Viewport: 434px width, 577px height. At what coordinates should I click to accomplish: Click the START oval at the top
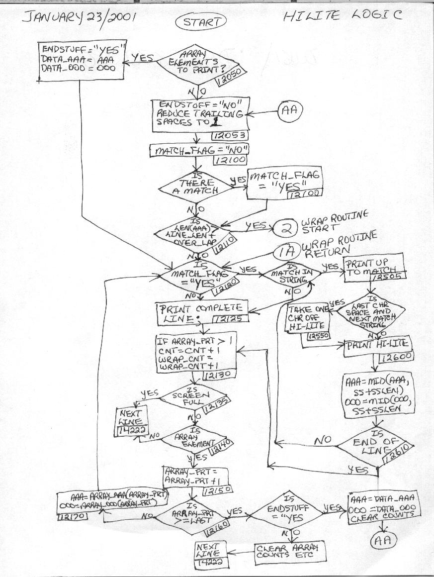[200, 22]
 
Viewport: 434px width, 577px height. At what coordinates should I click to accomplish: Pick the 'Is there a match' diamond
[195, 188]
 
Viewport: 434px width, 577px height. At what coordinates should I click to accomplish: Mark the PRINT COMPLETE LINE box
[199, 311]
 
